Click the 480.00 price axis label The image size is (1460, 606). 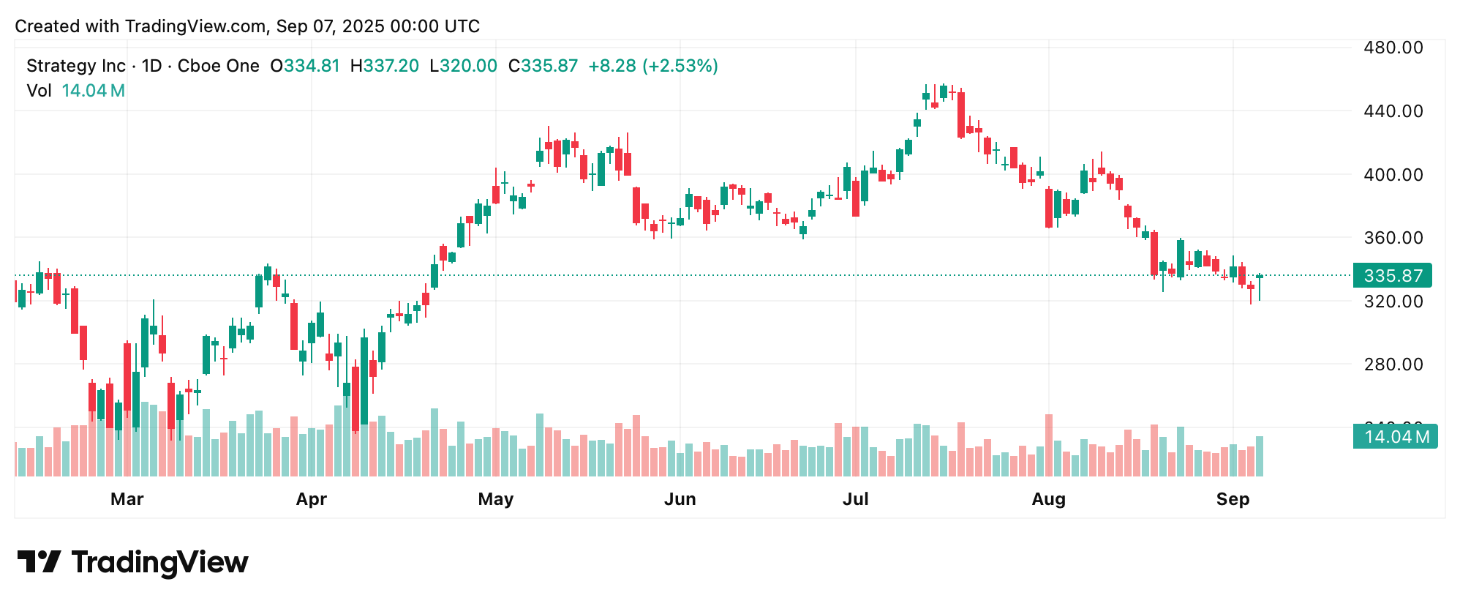click(x=1393, y=48)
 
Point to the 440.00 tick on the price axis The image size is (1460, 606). click(x=1393, y=111)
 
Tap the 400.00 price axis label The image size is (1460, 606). click(x=1393, y=174)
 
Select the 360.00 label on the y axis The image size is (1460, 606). click(x=1393, y=238)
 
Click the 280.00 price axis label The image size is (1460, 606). click(x=1393, y=364)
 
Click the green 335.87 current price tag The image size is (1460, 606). click(x=1393, y=276)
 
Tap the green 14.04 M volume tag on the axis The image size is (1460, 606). click(x=1395, y=437)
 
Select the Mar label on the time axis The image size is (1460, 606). click(x=127, y=499)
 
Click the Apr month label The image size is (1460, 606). click(x=311, y=499)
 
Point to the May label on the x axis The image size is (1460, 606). click(x=495, y=499)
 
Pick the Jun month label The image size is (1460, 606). click(x=680, y=499)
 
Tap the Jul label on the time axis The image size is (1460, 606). click(x=855, y=499)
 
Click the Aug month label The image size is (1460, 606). click(x=1048, y=499)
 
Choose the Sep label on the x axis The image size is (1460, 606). click(x=1233, y=499)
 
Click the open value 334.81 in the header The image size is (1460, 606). click(x=312, y=66)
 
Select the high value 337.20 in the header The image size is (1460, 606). click(x=391, y=66)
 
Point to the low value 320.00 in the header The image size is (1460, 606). click(x=469, y=66)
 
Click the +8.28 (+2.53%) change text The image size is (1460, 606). click(x=652, y=66)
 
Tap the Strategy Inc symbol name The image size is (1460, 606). click(x=76, y=66)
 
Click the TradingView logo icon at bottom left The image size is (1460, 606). click(x=39, y=562)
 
